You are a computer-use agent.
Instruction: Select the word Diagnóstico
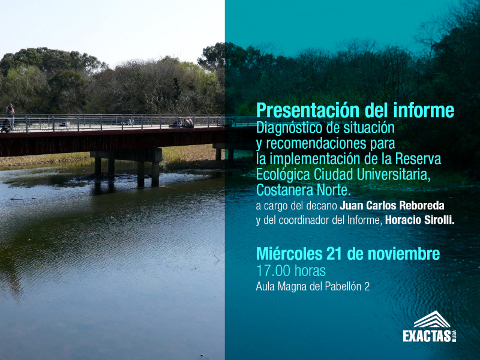pyautogui.click(x=289, y=128)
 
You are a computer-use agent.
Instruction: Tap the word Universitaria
pyautogui.click(x=394, y=175)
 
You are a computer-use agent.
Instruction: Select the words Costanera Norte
pyautogui.click(x=303, y=190)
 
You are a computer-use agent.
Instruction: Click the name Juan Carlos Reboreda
pyautogui.click(x=392, y=205)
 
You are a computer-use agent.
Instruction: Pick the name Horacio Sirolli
pyautogui.click(x=419, y=220)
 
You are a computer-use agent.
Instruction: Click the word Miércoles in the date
pyautogui.click(x=289, y=254)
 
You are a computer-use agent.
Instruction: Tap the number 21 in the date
pyautogui.click(x=334, y=254)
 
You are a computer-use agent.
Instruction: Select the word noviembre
pyautogui.click(x=403, y=254)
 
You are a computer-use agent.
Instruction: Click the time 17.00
pyautogui.click(x=273, y=271)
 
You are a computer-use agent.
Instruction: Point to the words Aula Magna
pyautogui.click(x=281, y=287)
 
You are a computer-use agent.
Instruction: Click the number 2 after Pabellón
pyautogui.click(x=367, y=287)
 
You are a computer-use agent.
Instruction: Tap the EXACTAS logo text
pyautogui.click(x=427, y=336)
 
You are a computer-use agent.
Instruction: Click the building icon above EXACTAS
pyautogui.click(x=432, y=319)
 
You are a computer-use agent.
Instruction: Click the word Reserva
pyautogui.click(x=418, y=159)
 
